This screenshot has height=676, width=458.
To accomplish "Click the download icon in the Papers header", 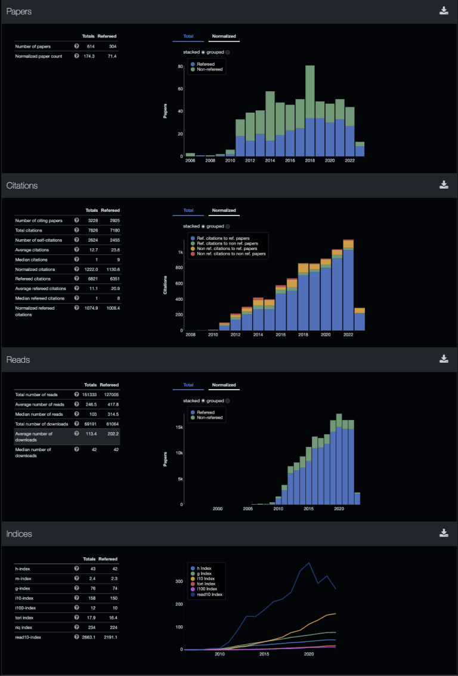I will [444, 11].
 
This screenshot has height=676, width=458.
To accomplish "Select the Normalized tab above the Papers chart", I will [224, 36].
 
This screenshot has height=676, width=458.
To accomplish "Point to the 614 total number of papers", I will [91, 46].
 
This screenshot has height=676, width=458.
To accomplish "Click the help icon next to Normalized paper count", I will [76, 56].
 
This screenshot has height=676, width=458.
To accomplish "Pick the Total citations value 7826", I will [91, 230].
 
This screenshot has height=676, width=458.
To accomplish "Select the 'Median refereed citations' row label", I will [39, 298].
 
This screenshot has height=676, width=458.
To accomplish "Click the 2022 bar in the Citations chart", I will [348, 286].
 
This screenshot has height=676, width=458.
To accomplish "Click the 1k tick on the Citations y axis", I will [182, 252].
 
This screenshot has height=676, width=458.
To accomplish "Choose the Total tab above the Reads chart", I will [188, 385].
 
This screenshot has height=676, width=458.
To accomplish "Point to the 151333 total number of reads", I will [89, 394].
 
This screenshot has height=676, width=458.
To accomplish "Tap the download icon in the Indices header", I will [444, 533].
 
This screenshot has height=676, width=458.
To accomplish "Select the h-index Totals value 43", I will [93, 569].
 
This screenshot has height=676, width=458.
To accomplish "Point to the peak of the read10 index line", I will [309, 563].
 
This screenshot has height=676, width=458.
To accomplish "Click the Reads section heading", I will [18, 360].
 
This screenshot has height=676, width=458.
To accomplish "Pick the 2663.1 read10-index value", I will [88, 637].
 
